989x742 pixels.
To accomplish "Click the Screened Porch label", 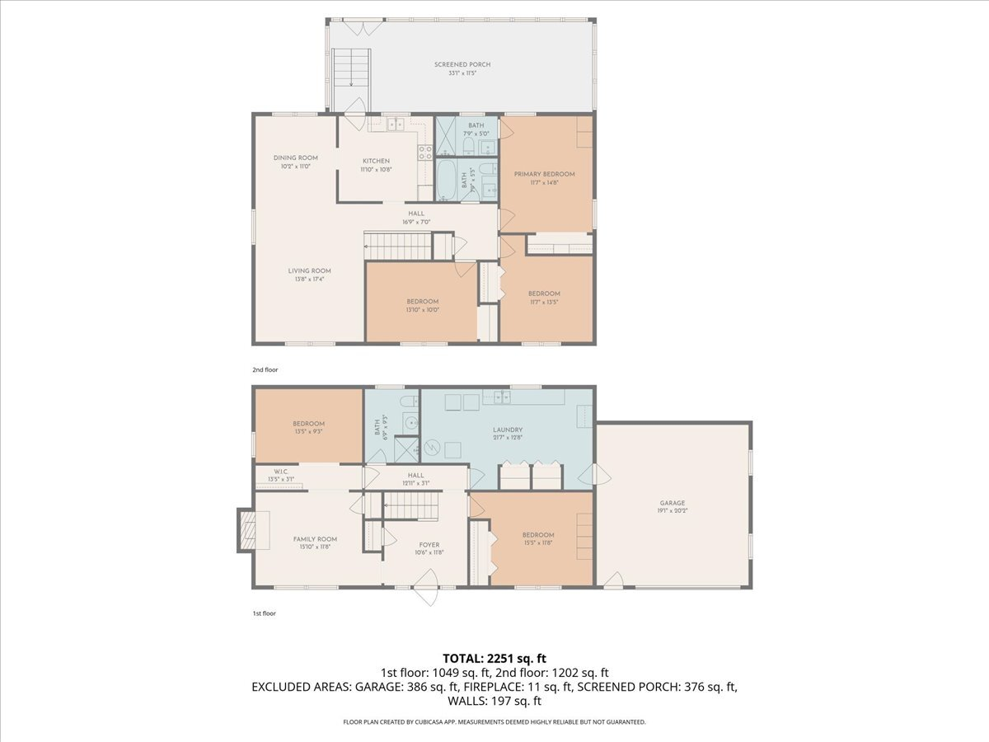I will tap(462, 64).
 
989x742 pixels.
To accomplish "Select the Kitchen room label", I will tap(375, 161).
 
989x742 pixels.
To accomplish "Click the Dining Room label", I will tap(295, 157).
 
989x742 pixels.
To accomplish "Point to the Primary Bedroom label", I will tap(544, 174).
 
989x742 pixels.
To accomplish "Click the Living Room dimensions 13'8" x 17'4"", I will tap(309, 279).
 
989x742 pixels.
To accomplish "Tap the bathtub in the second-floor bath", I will tap(445, 180).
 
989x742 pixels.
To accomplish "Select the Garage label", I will tap(672, 503).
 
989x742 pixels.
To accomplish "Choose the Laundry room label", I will tap(508, 430).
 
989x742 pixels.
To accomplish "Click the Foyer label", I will tap(429, 544).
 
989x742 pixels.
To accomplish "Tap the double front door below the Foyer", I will tap(427, 592).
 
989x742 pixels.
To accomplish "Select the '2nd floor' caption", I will tap(265, 370).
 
